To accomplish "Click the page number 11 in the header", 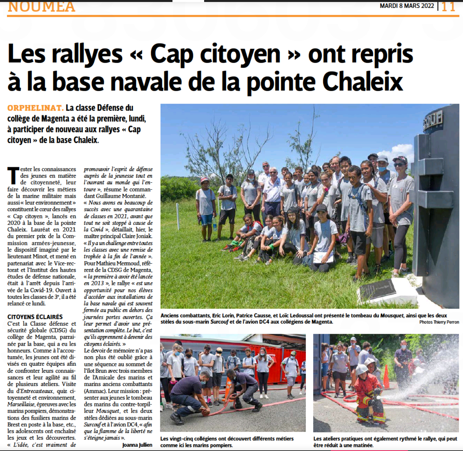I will [x=448, y=6].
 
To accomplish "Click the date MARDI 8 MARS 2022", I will [x=407, y=6].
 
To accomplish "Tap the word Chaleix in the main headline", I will [x=362, y=82].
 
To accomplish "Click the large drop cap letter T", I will [x=13, y=176].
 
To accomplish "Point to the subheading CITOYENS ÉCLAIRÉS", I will [x=35, y=317].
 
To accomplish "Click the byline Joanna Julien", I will [x=137, y=445].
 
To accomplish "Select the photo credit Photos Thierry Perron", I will [x=439, y=322].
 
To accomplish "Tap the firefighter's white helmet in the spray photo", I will [x=362, y=369].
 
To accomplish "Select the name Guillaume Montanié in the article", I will [x=123, y=196].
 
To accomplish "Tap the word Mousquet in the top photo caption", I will [x=392, y=315].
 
